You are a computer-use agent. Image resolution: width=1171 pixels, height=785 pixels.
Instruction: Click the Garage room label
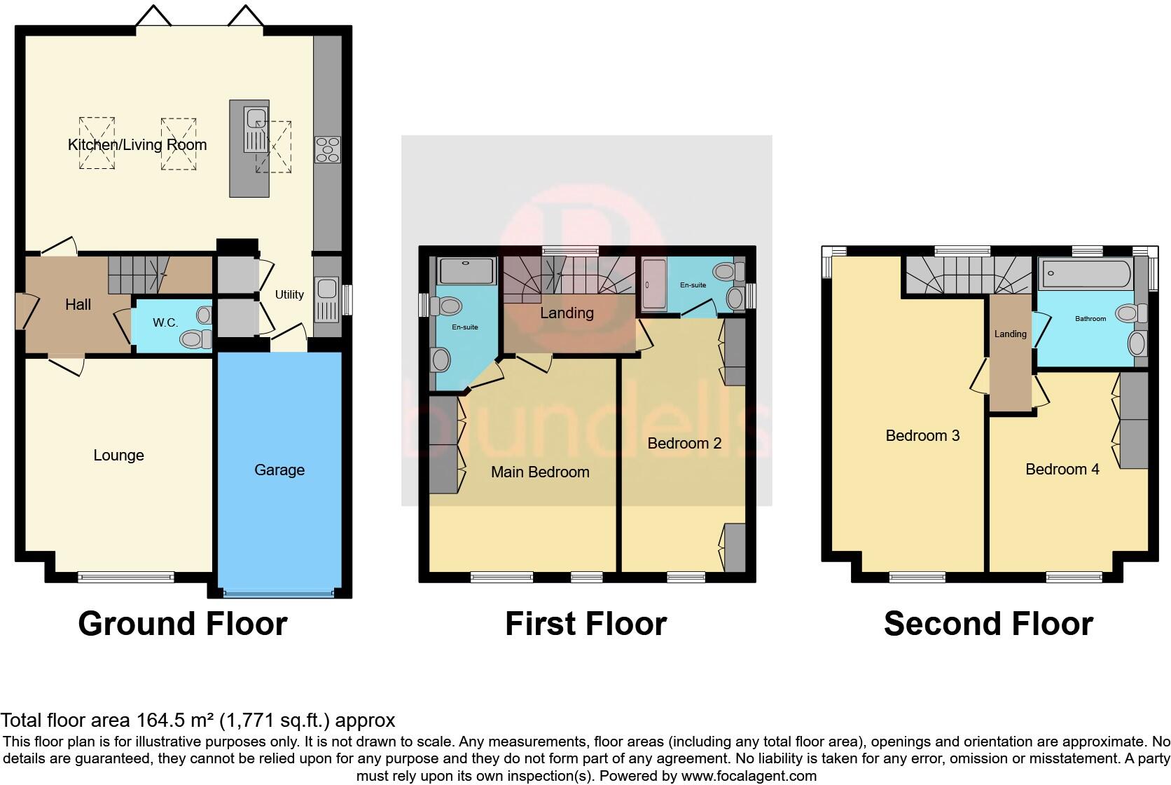279,470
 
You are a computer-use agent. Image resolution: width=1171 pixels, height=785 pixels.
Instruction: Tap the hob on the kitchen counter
327,149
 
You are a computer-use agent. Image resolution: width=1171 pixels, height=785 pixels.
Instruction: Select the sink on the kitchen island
256,130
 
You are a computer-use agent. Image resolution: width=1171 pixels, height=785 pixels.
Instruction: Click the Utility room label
289,294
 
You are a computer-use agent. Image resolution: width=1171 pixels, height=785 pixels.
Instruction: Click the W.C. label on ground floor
165,323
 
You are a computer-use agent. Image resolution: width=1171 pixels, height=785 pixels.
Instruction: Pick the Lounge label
118,456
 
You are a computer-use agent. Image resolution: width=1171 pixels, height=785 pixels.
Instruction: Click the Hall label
78,305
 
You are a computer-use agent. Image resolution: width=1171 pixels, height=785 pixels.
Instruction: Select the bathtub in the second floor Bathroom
1086,273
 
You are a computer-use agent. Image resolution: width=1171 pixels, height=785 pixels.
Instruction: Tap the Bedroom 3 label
922,436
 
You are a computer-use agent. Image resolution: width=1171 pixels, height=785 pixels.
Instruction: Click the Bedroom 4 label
1062,470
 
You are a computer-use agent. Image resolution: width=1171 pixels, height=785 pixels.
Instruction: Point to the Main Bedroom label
540,472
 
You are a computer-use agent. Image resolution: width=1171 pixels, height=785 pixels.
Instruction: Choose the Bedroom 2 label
684,444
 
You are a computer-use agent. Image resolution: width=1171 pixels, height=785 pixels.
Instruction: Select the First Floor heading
585,624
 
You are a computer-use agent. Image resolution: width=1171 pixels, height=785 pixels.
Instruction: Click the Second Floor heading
988,624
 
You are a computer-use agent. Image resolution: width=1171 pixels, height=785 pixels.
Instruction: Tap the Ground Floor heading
183,624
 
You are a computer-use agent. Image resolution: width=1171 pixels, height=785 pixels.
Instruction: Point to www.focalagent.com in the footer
748,776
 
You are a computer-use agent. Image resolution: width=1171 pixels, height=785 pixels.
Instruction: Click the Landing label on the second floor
1010,334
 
